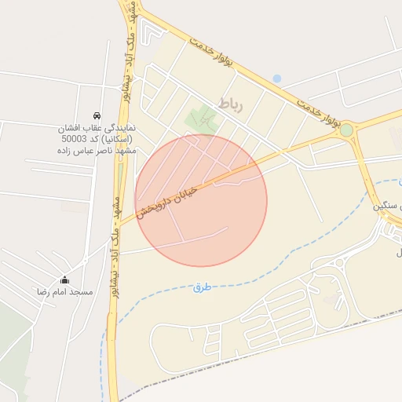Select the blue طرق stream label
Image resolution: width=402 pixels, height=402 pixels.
click(203, 288)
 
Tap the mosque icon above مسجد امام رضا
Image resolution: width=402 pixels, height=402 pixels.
click(64, 280)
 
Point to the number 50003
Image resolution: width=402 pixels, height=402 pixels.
click(75, 139)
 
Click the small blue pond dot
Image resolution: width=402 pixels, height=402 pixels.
click(276, 79)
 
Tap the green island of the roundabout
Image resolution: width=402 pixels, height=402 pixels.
click(346, 130)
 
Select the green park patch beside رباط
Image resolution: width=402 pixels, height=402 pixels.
click(202, 119)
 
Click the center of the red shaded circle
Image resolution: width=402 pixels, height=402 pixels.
click(201, 200)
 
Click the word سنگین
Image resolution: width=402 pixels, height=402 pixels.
click(380, 205)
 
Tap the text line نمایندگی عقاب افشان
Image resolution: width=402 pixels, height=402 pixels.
click(96, 127)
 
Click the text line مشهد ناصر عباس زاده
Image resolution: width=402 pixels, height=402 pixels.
click(97, 151)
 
